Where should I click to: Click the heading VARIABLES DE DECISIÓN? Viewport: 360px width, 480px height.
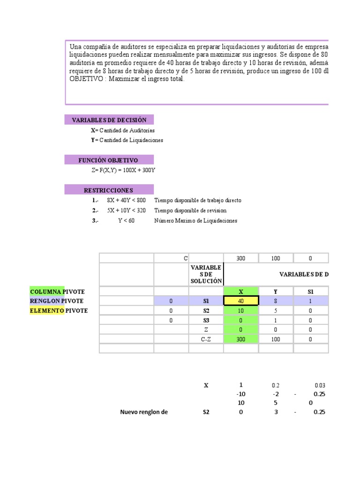pos(109,120)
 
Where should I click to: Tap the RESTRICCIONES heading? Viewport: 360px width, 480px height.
pos(108,190)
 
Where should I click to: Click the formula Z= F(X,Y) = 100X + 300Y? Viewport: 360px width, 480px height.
pos(123,170)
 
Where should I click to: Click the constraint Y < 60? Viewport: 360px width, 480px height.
pos(126,221)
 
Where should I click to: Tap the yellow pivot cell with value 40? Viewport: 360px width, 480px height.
pos(241,301)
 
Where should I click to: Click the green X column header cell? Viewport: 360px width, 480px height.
pos(241,292)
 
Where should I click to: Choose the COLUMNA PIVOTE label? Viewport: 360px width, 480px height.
pos(57,292)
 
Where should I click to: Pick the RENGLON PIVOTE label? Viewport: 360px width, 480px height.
pos(57,301)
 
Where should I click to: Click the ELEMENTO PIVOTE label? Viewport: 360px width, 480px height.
pos(58,310)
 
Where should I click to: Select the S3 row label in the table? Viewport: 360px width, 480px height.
pos(206,320)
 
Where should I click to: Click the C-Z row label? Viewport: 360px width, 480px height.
pos(206,339)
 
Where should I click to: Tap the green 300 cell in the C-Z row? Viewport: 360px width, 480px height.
pos(241,339)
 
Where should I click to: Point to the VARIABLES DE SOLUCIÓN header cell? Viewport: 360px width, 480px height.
pos(206,274)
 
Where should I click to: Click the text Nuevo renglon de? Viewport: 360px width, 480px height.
pos(143,412)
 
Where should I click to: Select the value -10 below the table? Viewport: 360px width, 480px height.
pos(241,394)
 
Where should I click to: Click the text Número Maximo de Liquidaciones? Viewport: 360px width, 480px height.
pos(195,221)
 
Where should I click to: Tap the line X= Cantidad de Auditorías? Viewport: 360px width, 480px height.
pos(123,130)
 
